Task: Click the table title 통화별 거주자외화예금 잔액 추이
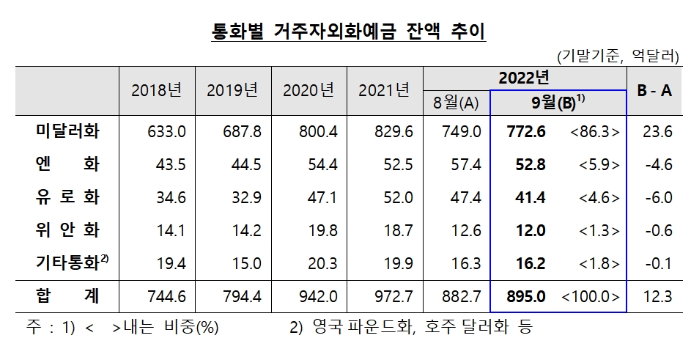(x=344, y=32)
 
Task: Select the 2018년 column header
(x=156, y=90)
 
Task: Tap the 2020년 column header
(x=308, y=90)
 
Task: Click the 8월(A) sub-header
(x=455, y=103)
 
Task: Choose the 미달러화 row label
(x=67, y=132)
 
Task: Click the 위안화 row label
(x=67, y=232)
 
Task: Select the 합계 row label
(x=67, y=297)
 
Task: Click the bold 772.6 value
(x=526, y=132)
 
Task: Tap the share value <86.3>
(x=595, y=132)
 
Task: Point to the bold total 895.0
(x=526, y=297)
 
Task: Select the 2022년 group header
(x=523, y=77)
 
